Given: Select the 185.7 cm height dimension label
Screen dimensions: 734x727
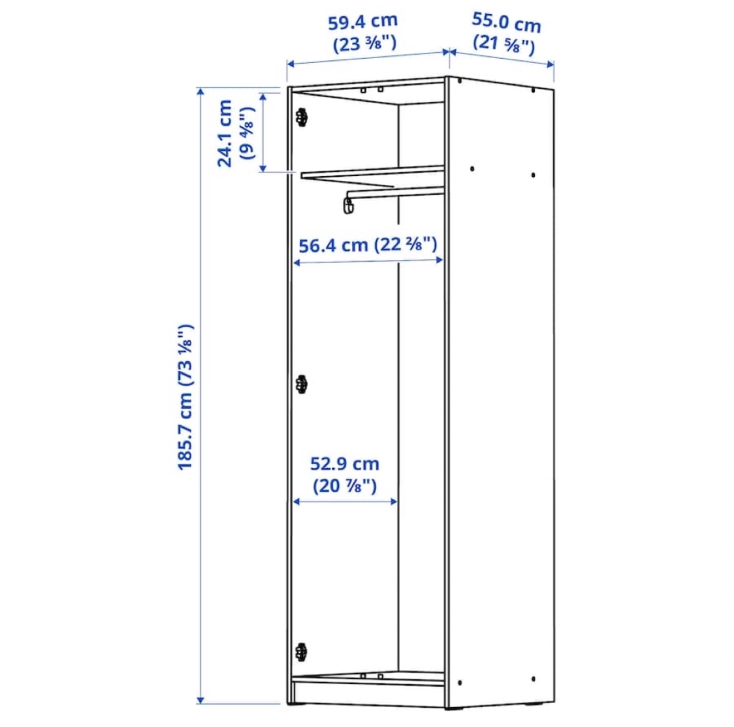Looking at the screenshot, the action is [x=186, y=397].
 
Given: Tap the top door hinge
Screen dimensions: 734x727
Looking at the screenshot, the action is [x=302, y=117].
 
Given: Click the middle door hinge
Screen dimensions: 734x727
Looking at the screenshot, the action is [x=302, y=385].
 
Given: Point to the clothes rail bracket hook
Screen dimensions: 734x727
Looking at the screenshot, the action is [x=349, y=205].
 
